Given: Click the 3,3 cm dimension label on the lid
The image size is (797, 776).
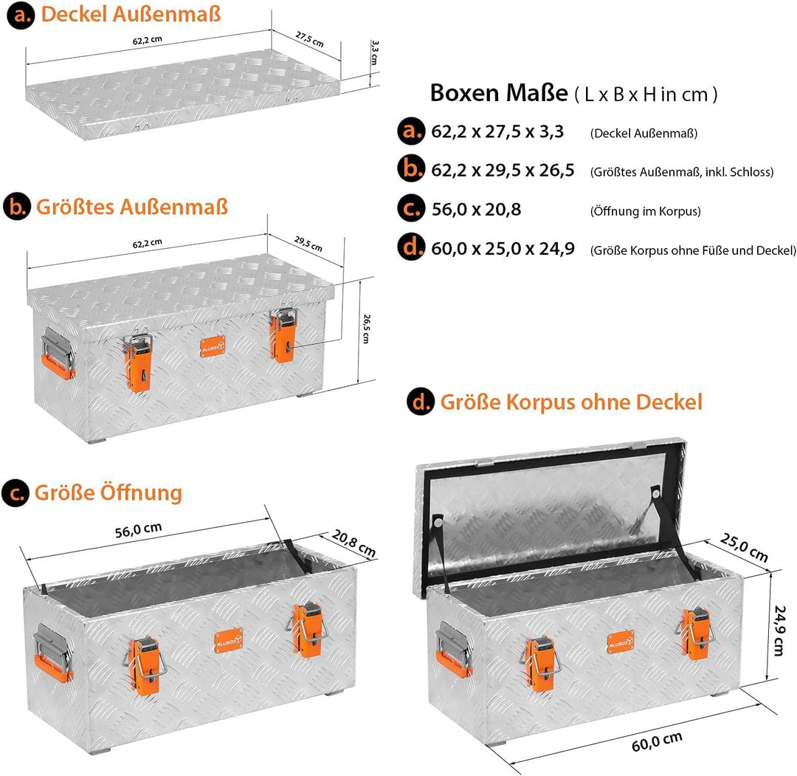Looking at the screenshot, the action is [x=374, y=52].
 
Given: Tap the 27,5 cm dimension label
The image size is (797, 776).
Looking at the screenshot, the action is [x=309, y=39].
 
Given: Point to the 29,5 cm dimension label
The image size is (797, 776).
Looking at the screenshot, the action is [x=308, y=244].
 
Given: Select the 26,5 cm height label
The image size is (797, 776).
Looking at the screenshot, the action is [x=367, y=329].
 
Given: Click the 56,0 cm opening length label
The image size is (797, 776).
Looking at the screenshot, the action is [x=138, y=530].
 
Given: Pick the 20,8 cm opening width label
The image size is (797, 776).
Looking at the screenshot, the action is [x=353, y=543].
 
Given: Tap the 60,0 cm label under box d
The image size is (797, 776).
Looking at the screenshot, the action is [x=657, y=742].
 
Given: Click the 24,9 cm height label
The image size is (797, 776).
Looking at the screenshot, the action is [x=779, y=631].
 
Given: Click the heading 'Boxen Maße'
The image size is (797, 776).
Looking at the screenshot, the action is [x=499, y=93].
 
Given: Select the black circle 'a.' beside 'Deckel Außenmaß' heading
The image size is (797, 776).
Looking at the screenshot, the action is [x=21, y=15].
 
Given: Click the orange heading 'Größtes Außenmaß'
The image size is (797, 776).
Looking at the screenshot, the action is [x=131, y=207].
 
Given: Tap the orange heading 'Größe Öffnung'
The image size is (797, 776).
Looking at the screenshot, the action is [x=108, y=492].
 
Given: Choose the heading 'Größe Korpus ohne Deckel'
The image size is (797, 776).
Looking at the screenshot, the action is [x=571, y=402].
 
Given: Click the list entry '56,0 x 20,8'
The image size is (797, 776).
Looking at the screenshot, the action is [x=476, y=210].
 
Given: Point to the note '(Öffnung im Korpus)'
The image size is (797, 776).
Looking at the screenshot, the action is [x=646, y=211].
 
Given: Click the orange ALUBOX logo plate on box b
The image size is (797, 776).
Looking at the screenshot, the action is [x=213, y=346].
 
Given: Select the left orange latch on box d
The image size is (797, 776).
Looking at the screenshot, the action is [x=540, y=662].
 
